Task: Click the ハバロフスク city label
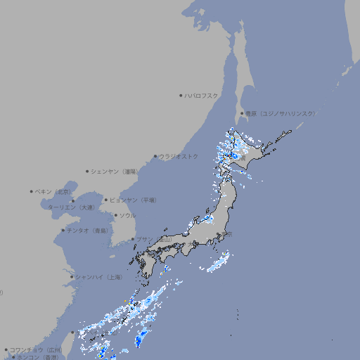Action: (x=202, y=96)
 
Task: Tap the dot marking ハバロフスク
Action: (x=181, y=96)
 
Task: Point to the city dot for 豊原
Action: (x=242, y=113)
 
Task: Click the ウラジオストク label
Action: (x=179, y=156)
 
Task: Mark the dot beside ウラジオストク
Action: (x=155, y=156)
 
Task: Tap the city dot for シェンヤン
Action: (x=87, y=171)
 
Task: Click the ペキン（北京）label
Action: (x=53, y=191)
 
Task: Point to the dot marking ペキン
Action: (x=32, y=191)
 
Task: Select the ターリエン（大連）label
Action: (x=70, y=207)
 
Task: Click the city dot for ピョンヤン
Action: (x=106, y=200)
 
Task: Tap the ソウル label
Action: (x=127, y=215)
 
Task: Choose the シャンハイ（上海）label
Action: (x=98, y=276)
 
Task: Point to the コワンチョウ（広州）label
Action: (x=36, y=349)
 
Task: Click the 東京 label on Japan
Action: (x=228, y=234)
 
